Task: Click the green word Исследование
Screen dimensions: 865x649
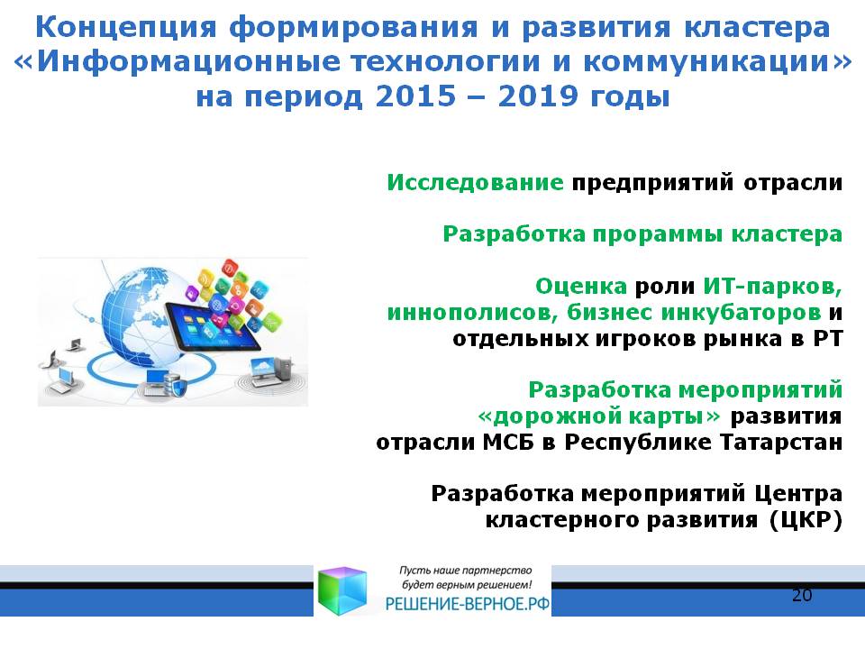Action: coord(475,182)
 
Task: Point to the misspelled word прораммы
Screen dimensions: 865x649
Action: coord(658,235)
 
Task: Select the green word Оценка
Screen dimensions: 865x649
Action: coord(581,286)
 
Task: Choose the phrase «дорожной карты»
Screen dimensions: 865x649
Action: coord(599,416)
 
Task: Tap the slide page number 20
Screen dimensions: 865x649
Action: coord(802,595)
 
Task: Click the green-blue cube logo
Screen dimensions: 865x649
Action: coord(342,590)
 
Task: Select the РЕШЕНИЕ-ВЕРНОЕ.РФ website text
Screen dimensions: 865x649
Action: coord(468,604)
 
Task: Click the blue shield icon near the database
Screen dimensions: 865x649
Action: coord(180,388)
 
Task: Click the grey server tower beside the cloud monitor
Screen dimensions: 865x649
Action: coord(284,368)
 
